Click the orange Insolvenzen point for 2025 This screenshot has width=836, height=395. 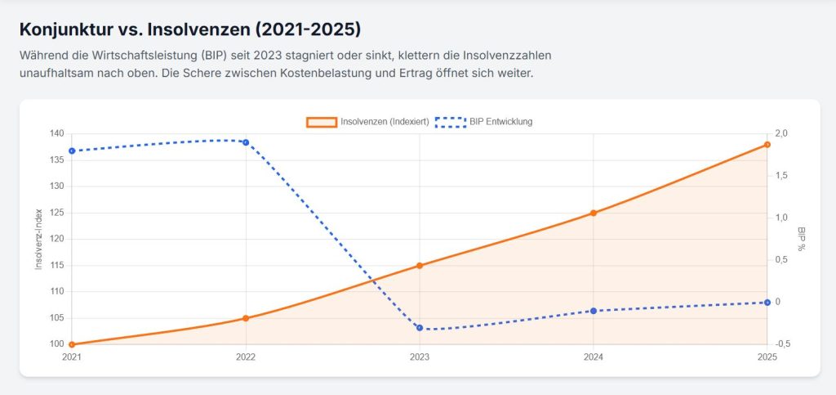[767, 145]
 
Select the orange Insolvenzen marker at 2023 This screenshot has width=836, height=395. [420, 265]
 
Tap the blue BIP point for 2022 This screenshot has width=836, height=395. [246, 142]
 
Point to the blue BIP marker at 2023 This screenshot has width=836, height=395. [420, 328]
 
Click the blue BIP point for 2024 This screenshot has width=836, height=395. [594, 311]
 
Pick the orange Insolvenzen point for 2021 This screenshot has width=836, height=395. [72, 344]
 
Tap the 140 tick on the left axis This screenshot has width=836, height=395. [56, 134]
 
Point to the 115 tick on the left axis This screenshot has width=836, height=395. [56, 265]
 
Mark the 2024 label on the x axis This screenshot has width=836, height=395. [594, 357]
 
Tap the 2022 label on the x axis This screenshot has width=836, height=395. [246, 357]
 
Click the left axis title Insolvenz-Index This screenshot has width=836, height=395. [38, 239]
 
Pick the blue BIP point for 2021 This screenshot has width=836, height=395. [72, 150]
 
